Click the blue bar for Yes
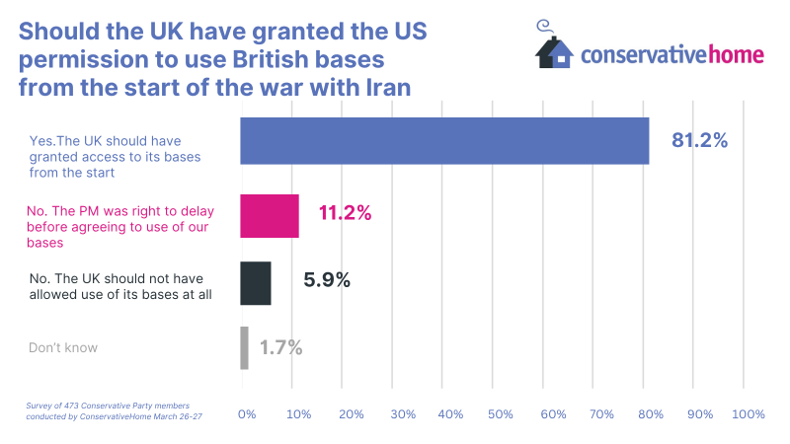click(x=444, y=140)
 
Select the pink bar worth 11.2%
click(x=270, y=216)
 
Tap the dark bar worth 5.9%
click(x=256, y=283)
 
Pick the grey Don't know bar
click(x=244, y=347)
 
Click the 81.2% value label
click(x=699, y=140)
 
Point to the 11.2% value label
click(x=346, y=213)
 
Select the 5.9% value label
click(x=327, y=280)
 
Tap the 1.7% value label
click(x=280, y=347)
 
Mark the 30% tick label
click(x=403, y=414)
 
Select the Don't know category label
click(x=63, y=347)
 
